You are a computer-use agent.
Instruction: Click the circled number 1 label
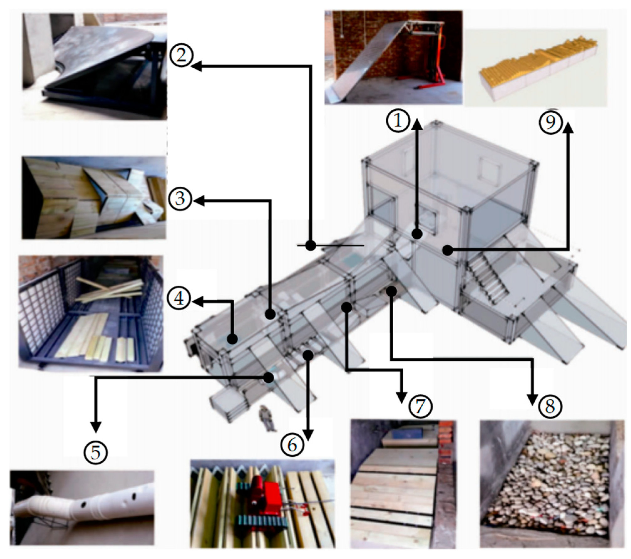(x=397, y=121)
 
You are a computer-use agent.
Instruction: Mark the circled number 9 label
(x=551, y=122)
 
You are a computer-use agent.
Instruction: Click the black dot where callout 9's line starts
(x=448, y=250)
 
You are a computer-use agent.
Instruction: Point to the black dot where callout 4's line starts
(x=232, y=339)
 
